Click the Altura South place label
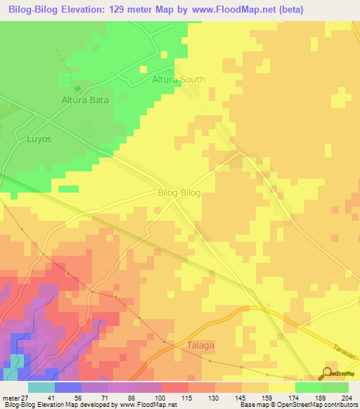pyautogui.click(x=179, y=79)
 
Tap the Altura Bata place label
pyautogui.click(x=84, y=100)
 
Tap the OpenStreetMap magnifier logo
pyautogui.click(x=327, y=373)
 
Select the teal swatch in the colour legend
pyautogui.click(x=41, y=387)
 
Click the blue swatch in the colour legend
pyautogui.click(x=67, y=387)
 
